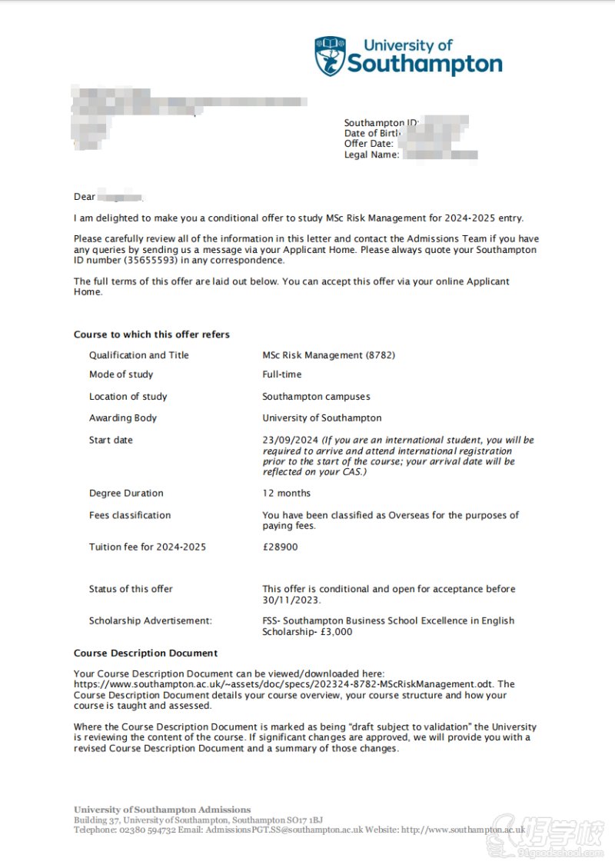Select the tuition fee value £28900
pyautogui.click(x=280, y=547)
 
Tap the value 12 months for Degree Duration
pyautogui.click(x=287, y=494)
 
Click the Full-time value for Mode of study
pyautogui.click(x=282, y=374)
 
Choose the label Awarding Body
pyautogui.click(x=123, y=418)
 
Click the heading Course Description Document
pyautogui.click(x=146, y=653)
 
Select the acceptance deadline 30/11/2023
pyautogui.click(x=291, y=600)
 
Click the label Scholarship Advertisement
pyautogui.click(x=151, y=621)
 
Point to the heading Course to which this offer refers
pyautogui.click(x=151, y=334)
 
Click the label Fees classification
pyautogui.click(x=130, y=516)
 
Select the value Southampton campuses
pyautogui.click(x=316, y=397)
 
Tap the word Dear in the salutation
pyautogui.click(x=85, y=197)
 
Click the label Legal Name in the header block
pyautogui.click(x=371, y=155)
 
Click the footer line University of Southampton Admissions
pyautogui.click(x=162, y=810)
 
